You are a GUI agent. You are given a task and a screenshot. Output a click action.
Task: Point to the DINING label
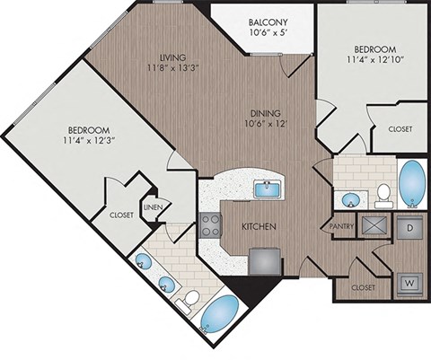pos(268,113)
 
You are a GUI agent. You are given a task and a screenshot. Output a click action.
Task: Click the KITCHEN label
pos(257,226)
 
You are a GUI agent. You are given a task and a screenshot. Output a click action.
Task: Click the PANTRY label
pos(342,226)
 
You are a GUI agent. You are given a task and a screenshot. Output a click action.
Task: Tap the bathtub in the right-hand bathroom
pos(412,181)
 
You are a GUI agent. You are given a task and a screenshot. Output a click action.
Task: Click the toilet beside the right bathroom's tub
pos(383,192)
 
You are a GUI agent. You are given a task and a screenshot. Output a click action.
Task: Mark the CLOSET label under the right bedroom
pos(400,129)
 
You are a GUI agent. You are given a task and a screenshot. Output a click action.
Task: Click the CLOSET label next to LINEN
pos(121,215)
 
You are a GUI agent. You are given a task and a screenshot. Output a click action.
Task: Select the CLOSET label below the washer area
pos(363,287)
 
